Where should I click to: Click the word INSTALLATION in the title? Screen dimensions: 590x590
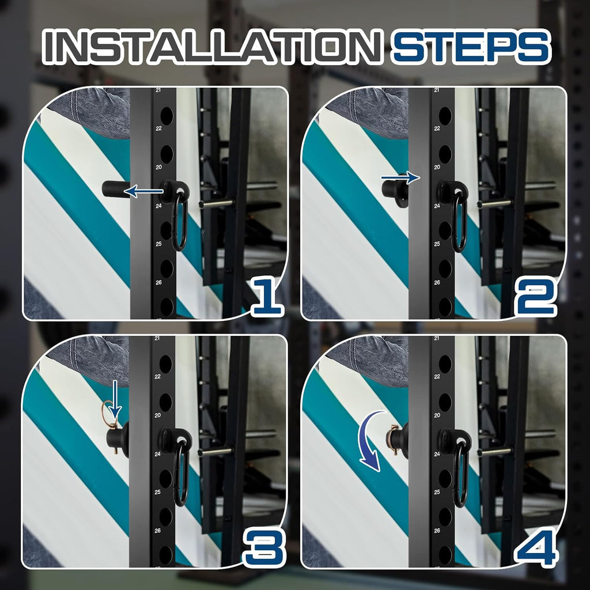coord(212,47)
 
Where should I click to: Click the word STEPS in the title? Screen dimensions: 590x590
coord(470,47)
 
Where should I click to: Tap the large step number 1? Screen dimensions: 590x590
coord(267,297)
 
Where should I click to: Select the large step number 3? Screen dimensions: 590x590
coord(264,547)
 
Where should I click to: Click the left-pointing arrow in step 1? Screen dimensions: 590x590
coord(143,191)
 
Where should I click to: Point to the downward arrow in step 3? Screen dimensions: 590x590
coord(115,400)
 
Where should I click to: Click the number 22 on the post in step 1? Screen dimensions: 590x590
coord(159,128)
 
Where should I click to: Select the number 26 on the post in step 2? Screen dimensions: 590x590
coord(437,282)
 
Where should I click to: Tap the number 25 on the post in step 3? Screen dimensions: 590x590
coord(158,492)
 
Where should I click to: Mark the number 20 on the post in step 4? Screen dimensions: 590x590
coord(437,415)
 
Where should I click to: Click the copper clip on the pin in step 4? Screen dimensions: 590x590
coord(392,438)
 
